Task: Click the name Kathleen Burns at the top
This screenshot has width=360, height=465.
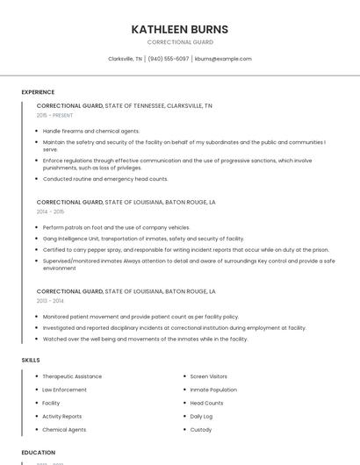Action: coord(179,29)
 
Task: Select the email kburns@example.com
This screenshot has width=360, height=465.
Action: coord(223,59)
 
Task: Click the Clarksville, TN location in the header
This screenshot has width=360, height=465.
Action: coord(125,59)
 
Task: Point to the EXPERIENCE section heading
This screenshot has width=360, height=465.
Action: coord(38,92)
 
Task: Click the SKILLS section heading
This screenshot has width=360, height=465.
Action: coord(31,360)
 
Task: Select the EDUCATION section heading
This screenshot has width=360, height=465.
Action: coord(39,453)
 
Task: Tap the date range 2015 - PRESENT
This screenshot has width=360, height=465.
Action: coord(54,115)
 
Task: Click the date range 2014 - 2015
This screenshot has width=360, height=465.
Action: coord(50,211)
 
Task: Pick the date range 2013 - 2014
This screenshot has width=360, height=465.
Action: coord(50,300)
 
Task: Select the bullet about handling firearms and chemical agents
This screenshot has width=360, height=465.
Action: coord(91,131)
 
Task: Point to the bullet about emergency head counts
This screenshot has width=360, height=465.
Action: coord(105,179)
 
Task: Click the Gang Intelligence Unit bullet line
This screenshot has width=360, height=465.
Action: coord(143,239)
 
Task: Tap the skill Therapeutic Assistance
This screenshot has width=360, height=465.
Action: coord(72,376)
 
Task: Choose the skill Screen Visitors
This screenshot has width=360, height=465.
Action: coord(209,376)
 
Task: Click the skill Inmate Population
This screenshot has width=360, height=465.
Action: coord(213,390)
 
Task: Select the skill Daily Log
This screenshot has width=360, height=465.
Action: coord(201,416)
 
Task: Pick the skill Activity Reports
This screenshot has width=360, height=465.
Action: coord(61,416)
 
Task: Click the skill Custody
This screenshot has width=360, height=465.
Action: coord(201,429)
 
